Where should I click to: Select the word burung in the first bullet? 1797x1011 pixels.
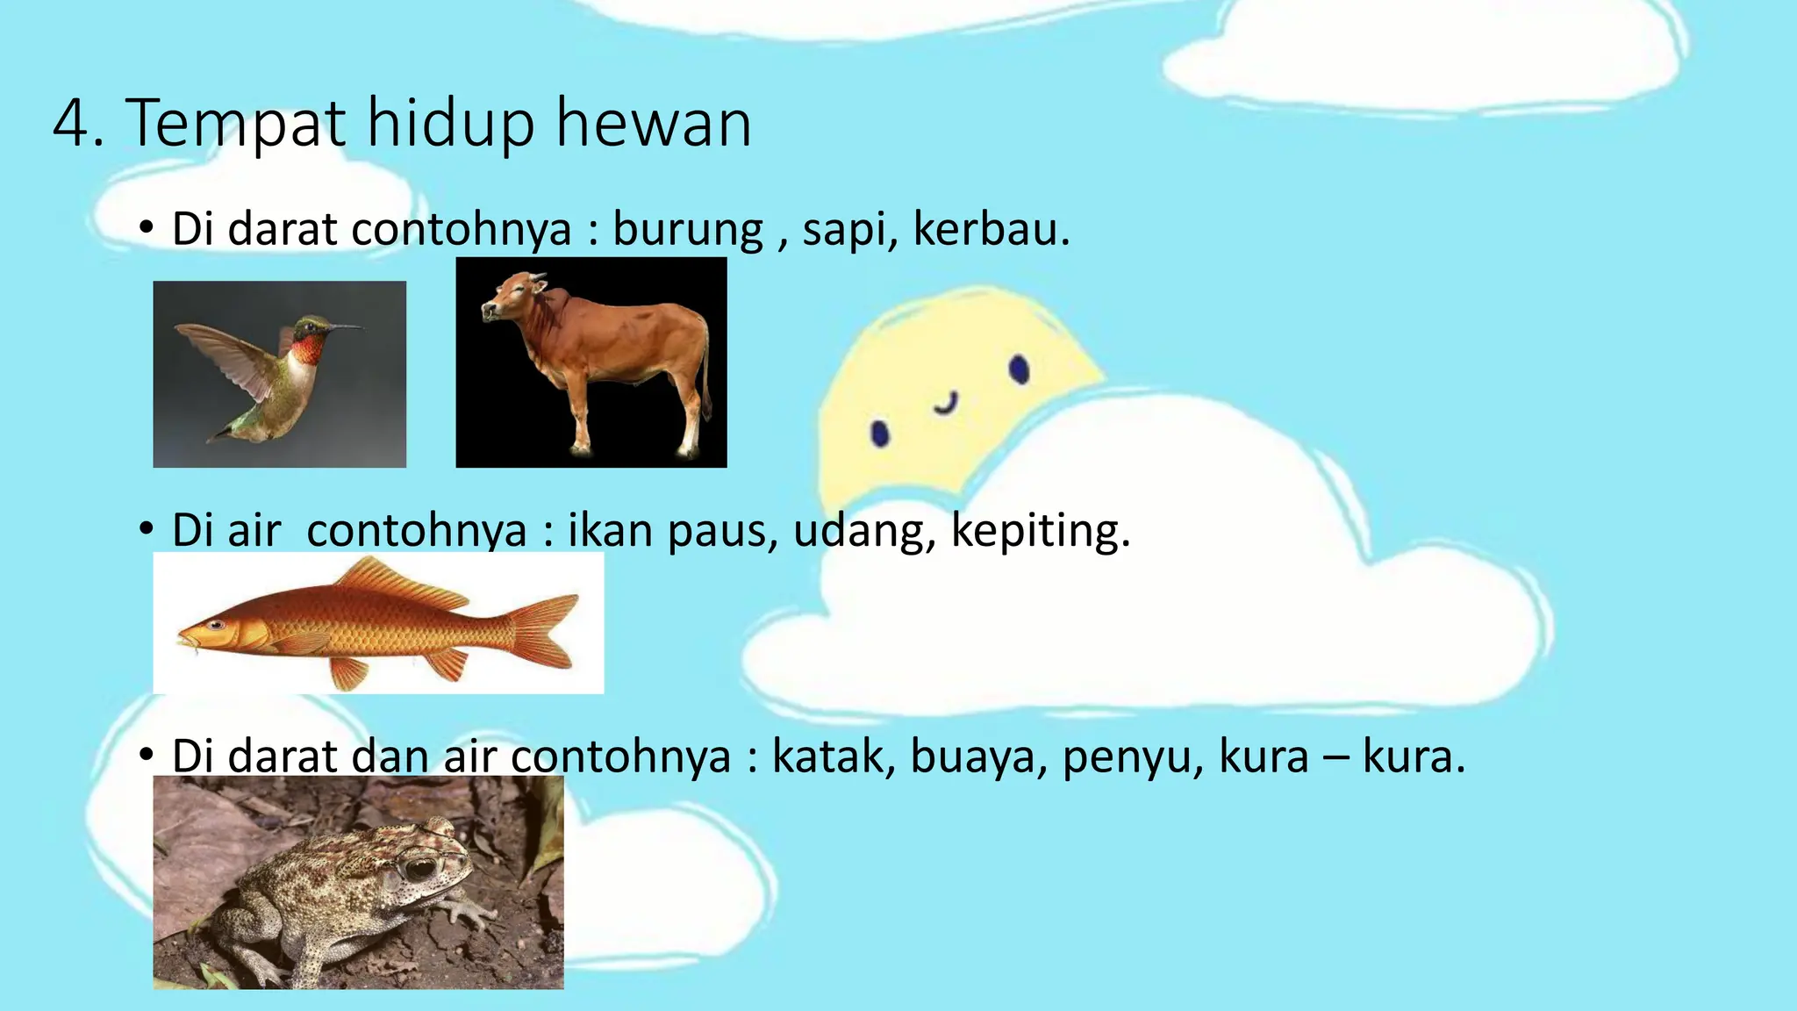(x=688, y=230)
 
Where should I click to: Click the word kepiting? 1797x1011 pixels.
(x=1040, y=531)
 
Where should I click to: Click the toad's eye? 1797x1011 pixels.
(x=419, y=867)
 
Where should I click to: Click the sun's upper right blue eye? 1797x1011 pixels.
(x=1019, y=369)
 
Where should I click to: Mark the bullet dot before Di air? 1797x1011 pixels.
(x=147, y=530)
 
